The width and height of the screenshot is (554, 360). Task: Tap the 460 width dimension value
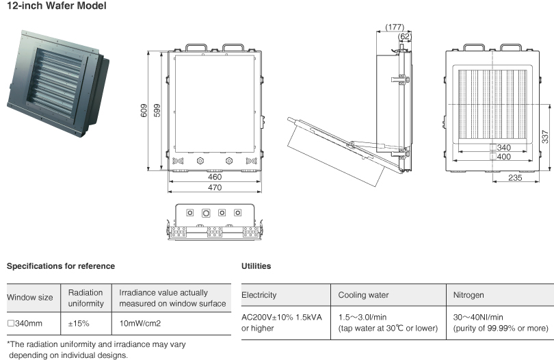point(215,177)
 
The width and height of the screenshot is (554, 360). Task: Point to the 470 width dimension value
point(215,187)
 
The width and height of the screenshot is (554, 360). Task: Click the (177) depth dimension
point(395,27)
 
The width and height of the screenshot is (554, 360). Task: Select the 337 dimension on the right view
point(544,137)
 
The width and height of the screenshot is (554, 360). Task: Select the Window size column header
point(29,298)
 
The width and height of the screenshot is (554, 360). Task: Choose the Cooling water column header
point(363,295)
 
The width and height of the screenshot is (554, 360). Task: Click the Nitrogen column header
point(469,295)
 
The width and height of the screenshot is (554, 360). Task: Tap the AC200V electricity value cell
point(282,322)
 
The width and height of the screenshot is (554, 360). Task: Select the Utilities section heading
point(256,266)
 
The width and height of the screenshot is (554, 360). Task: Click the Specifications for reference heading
point(60,266)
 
